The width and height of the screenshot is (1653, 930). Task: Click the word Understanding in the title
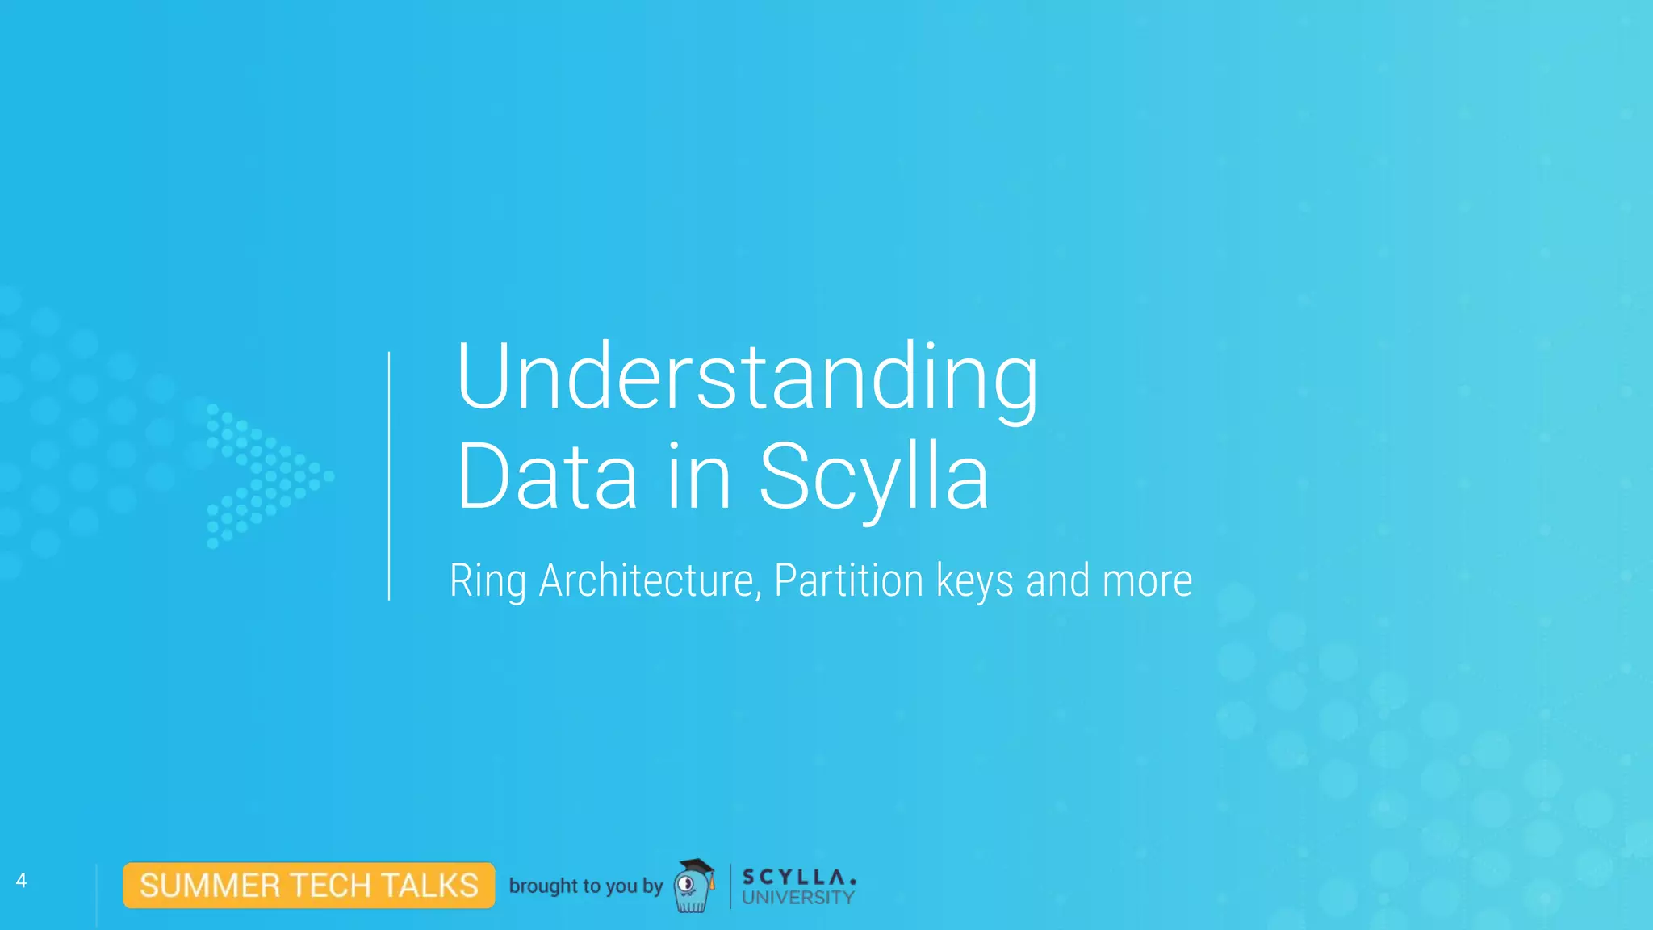747,378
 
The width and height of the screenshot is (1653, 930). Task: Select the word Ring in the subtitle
488,581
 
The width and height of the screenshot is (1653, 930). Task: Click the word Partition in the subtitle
848,581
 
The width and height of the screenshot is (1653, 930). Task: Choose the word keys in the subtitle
974,581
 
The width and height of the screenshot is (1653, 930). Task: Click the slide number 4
22,881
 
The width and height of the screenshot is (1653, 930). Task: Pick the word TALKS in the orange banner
431,886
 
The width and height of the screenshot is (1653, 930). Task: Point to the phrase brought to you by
586,886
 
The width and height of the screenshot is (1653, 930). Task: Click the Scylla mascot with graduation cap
693,890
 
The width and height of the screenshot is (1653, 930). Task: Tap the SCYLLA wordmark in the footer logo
798,877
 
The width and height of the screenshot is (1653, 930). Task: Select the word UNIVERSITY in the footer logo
798,898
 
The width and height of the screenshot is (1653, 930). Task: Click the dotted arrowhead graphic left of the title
266,475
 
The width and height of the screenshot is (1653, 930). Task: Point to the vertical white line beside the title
389,476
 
